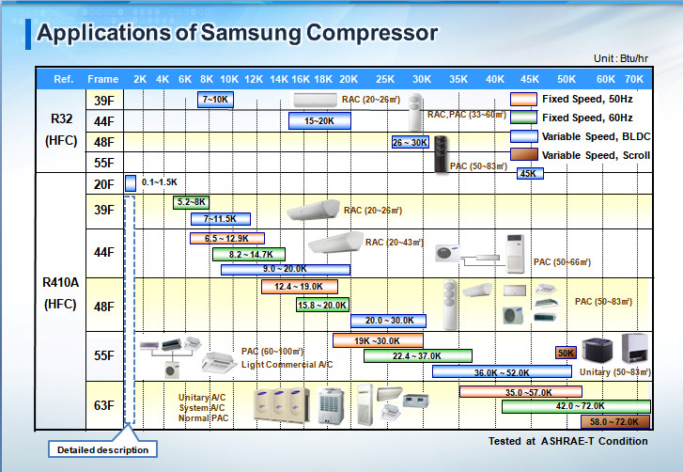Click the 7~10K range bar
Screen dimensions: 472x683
tap(215, 99)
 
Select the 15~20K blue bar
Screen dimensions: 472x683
tap(319, 120)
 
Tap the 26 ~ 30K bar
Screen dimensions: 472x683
tap(410, 142)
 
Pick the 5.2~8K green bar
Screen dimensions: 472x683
tap(191, 202)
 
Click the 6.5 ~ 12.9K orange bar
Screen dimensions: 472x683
tap(226, 239)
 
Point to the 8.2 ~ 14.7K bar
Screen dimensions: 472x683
tap(249, 254)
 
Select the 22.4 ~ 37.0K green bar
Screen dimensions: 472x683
tap(417, 355)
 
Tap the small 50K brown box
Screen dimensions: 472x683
tap(566, 354)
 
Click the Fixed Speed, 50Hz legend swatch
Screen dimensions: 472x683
tap(523, 99)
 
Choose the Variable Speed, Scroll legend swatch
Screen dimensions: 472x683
tap(523, 155)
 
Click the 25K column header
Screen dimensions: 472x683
tap(385, 78)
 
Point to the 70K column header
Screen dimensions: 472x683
tap(634, 78)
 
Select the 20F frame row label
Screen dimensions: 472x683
tap(103, 183)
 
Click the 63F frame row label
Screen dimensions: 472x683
tap(103, 406)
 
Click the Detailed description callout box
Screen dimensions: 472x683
tap(102, 449)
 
